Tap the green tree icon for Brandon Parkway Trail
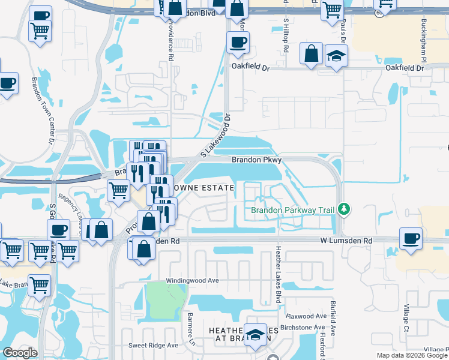pyautogui.click(x=344, y=209)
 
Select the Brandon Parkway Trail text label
pyautogui.click(x=293, y=210)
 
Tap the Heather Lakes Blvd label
pyautogui.click(x=278, y=274)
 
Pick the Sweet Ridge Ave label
pyautogui.click(x=154, y=346)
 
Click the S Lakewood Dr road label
pyautogui.click(x=215, y=137)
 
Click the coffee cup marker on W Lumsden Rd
pyautogui.click(x=411, y=238)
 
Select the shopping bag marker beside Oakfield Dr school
pyautogui.click(x=312, y=54)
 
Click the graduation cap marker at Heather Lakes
pyautogui.click(x=256, y=334)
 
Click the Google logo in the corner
pyautogui.click(x=20, y=353)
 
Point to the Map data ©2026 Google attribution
pyautogui.click(x=412, y=355)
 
